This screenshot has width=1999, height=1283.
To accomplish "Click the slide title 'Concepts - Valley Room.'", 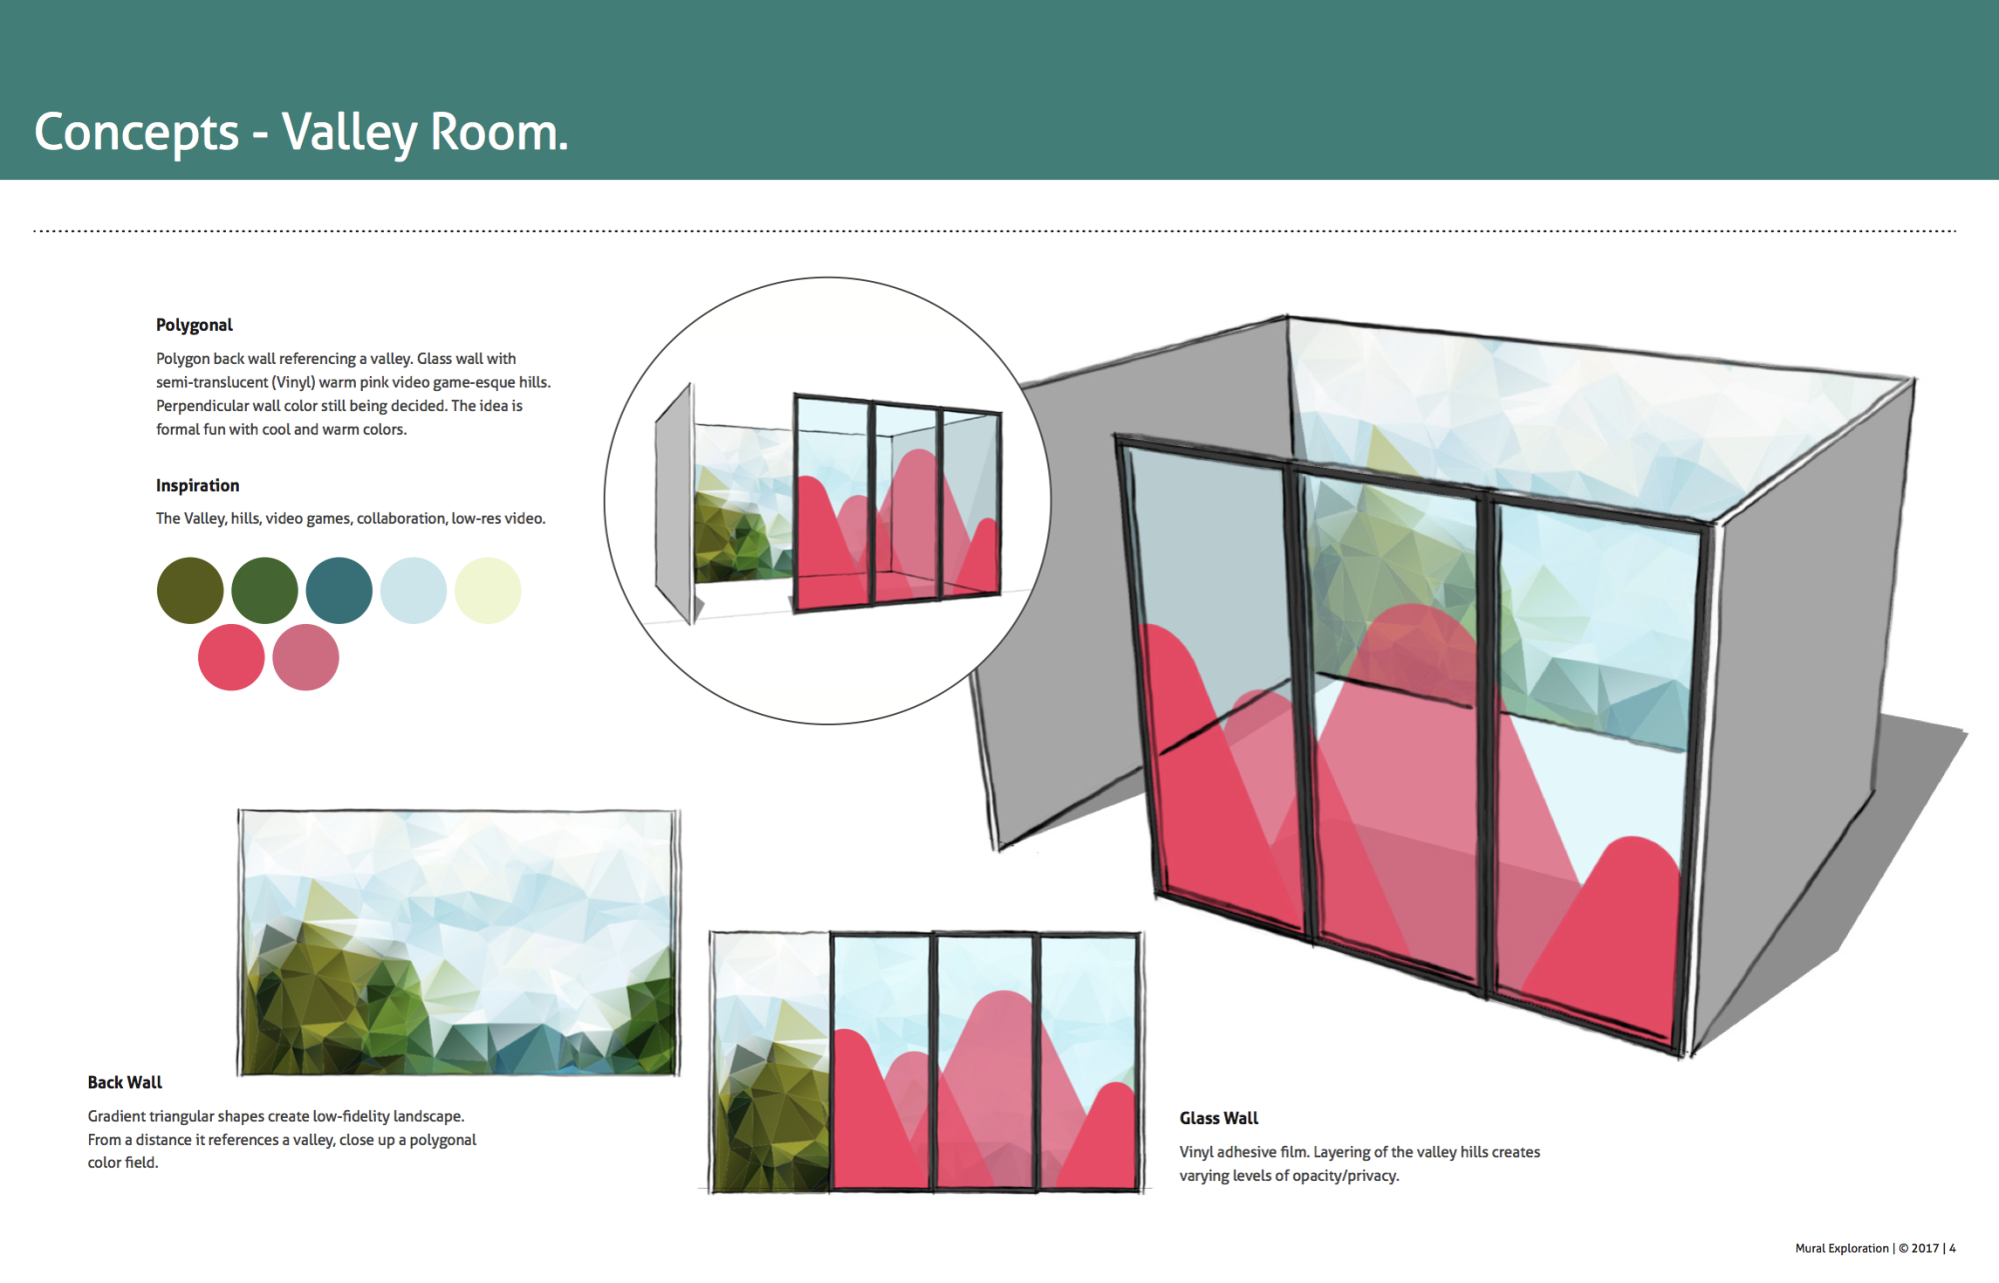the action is pyautogui.click(x=301, y=132).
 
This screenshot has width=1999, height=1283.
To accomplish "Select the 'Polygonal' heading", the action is pyautogui.click(x=194, y=325).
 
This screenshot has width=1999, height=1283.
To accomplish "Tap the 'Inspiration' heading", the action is pyautogui.click(x=197, y=485).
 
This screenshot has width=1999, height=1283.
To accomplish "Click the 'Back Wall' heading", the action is pyautogui.click(x=124, y=1082).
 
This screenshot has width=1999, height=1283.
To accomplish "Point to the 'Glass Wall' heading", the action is pyautogui.click(x=1218, y=1118).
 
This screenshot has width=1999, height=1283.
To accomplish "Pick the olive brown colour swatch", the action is pyautogui.click(x=190, y=590).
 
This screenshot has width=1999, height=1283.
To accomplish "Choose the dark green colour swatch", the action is pyautogui.click(x=265, y=590).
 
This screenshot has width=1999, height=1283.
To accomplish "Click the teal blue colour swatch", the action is pyautogui.click(x=339, y=590).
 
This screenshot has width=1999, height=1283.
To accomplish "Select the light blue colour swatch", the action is pyautogui.click(x=413, y=590).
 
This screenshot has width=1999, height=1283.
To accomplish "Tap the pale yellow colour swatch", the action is pyautogui.click(x=488, y=590).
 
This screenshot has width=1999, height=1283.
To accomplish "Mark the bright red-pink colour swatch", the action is pyautogui.click(x=231, y=657).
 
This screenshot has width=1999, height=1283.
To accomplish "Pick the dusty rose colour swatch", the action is pyautogui.click(x=306, y=657).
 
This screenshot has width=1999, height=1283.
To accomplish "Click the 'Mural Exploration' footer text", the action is pyautogui.click(x=1842, y=1248).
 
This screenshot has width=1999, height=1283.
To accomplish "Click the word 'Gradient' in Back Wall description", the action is pyautogui.click(x=116, y=1116).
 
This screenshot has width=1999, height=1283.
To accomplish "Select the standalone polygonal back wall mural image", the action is pyautogui.click(x=459, y=943).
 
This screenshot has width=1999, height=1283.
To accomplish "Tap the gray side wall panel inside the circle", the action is pyautogui.click(x=674, y=505).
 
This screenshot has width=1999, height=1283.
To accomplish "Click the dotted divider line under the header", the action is pyautogui.click(x=995, y=231).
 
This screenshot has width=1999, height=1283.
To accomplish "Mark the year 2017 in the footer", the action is pyautogui.click(x=1925, y=1248).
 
